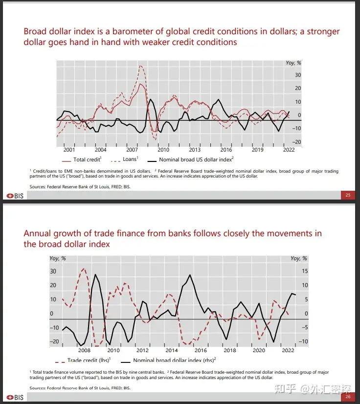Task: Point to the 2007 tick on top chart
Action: tap(132, 150)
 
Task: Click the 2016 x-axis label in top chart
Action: tap(226, 150)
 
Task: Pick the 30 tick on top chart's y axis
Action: tap(298, 75)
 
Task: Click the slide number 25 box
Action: tap(348, 196)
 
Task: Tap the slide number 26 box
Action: tap(348, 397)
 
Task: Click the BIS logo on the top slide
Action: tap(15, 196)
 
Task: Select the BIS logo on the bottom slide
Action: tap(15, 397)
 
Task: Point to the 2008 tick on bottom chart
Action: tap(85, 351)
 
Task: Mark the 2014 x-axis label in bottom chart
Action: tap(172, 351)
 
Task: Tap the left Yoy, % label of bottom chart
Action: tap(58, 258)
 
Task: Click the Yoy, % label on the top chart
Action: tap(293, 63)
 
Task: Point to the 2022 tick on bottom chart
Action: tap(288, 351)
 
